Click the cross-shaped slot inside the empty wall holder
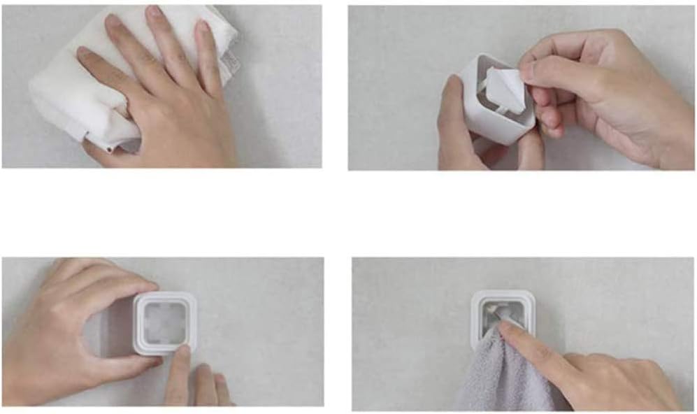point(165,323)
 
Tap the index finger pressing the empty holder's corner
point(180,364)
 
